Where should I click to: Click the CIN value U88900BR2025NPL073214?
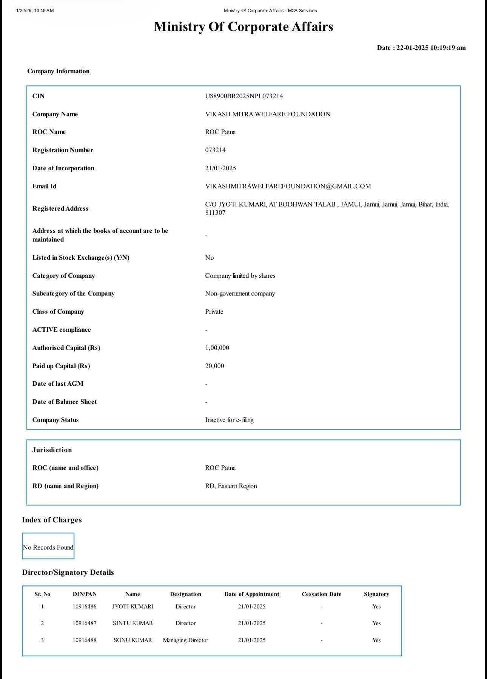click(x=244, y=96)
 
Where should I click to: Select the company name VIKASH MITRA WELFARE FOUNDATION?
click(x=268, y=114)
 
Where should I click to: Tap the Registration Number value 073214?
click(x=215, y=150)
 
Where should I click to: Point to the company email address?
click(x=288, y=186)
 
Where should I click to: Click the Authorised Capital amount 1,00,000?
click(x=217, y=348)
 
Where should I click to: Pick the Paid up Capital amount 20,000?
click(x=214, y=366)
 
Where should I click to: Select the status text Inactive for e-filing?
click(x=229, y=420)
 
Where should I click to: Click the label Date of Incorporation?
click(x=63, y=168)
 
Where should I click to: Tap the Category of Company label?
click(x=63, y=276)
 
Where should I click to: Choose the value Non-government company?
click(x=240, y=293)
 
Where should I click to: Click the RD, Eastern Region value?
click(x=231, y=486)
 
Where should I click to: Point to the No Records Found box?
click(x=48, y=547)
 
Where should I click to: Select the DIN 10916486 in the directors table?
click(x=85, y=606)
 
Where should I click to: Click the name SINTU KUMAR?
click(x=133, y=623)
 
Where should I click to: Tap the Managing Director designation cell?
click(x=185, y=640)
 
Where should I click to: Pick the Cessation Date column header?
click(x=321, y=594)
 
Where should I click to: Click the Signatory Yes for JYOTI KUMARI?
click(x=376, y=606)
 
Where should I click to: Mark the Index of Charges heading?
click(x=52, y=520)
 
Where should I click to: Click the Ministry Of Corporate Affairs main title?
click(x=243, y=26)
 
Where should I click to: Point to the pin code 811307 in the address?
click(x=215, y=212)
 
